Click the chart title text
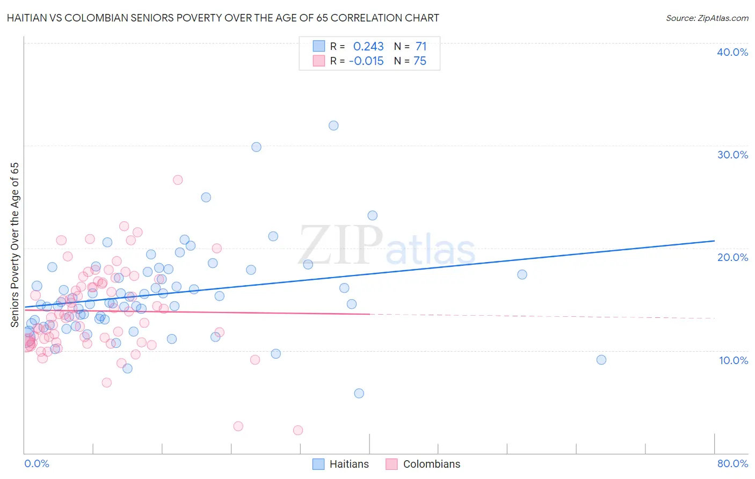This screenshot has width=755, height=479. [x=223, y=18]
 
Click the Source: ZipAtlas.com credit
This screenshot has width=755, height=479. [x=707, y=18]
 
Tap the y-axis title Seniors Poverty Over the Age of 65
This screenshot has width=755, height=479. [x=14, y=244]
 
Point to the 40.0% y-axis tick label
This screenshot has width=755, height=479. [x=732, y=52]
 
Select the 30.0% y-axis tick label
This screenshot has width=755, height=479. [x=732, y=155]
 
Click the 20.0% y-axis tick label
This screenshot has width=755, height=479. [x=732, y=257]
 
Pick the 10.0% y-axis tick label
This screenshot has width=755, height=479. [x=733, y=360]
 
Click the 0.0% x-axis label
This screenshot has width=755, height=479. [x=37, y=463]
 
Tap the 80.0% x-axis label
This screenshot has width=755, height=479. [x=732, y=463]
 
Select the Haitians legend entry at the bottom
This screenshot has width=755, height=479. [x=341, y=464]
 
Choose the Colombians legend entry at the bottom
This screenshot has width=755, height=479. [x=423, y=464]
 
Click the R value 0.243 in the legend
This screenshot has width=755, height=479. [x=368, y=46]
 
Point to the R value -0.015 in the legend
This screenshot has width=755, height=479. [x=366, y=61]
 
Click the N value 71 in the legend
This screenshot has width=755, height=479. [x=420, y=46]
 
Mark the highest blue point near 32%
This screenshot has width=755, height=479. [x=333, y=126]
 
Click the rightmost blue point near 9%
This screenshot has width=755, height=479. [x=601, y=360]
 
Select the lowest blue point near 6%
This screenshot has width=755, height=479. [x=359, y=393]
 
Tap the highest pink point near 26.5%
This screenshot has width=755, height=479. [x=178, y=180]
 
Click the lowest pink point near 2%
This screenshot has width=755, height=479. [x=298, y=430]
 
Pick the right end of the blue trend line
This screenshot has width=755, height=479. [x=714, y=241]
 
